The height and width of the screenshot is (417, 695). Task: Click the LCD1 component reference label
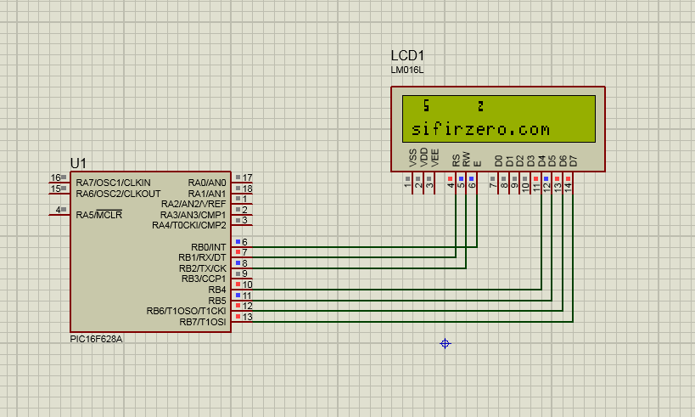coord(407,55)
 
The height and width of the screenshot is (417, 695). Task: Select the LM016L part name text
coord(406,70)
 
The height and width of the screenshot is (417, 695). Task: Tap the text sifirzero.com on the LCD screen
coord(480,130)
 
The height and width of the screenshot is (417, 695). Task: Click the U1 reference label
coord(78,163)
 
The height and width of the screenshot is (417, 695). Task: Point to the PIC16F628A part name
coord(97,338)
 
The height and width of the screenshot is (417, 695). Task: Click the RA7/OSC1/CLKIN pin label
coord(113,183)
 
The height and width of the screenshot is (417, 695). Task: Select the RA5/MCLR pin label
coord(98,215)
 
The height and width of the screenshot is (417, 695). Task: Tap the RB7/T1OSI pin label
coord(202,322)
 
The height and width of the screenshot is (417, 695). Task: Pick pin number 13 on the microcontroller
coord(247,317)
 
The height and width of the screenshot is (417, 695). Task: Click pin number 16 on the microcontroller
coord(55,178)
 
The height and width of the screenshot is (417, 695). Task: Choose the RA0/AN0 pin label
coord(207,183)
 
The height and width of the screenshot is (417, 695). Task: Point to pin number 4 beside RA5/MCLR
coord(59,210)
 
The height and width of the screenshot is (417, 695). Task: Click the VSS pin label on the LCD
coord(413,157)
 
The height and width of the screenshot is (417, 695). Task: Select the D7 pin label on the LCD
coord(574,160)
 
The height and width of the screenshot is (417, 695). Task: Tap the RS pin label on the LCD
coord(456,159)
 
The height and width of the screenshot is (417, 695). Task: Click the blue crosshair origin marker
coord(445,343)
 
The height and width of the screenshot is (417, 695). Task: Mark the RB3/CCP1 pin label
coord(203,279)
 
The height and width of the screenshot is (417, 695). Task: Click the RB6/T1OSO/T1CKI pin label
coord(186,311)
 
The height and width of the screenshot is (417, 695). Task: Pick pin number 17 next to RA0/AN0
coord(247,178)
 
